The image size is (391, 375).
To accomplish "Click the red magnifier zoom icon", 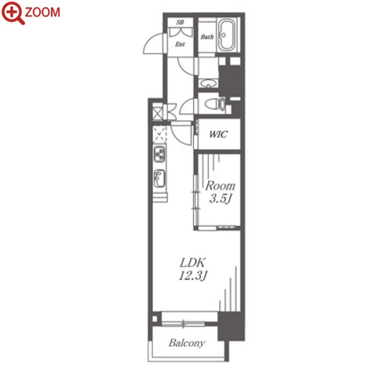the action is click(13, 13).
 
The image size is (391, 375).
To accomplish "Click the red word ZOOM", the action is click(42, 13).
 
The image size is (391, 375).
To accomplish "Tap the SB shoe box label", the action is click(180, 22).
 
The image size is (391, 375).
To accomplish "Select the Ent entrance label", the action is click(180, 44).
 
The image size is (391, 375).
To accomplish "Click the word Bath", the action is click(207, 37).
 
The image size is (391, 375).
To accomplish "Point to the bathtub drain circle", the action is click(224, 35).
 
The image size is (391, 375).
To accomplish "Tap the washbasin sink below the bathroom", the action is click(209, 84).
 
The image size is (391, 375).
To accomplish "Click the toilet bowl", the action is click(212, 104).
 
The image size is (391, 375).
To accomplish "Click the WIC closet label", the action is click(218, 134).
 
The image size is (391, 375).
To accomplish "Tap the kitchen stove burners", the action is click(159, 154).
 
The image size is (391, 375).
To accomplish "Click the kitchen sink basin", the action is click(159, 178).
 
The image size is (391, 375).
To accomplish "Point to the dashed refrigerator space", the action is click(159, 134).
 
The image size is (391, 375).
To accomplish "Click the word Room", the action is click(220, 186).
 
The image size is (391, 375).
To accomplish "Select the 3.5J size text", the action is click(220, 199).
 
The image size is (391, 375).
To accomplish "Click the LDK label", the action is click(192, 263).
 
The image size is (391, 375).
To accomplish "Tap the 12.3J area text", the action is click(193, 275).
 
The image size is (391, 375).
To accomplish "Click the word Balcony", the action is click(187, 343).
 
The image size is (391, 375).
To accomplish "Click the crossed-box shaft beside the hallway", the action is click(157, 112).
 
